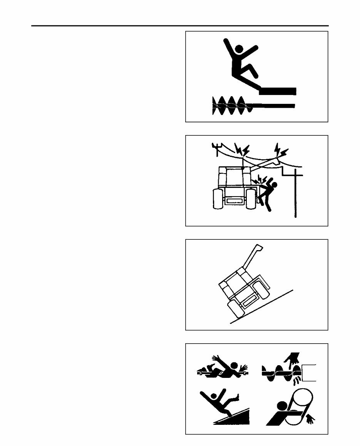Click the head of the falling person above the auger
(x=238, y=49)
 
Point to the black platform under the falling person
(x=277, y=91)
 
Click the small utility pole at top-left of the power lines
(x=217, y=149)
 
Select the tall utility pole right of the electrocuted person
(x=295, y=192)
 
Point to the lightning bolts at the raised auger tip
(x=280, y=150)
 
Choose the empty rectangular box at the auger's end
(x=309, y=372)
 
